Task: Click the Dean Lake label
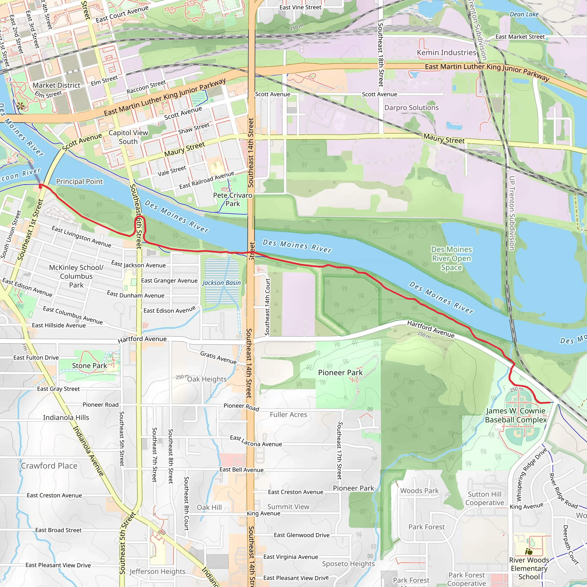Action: click(x=524, y=14)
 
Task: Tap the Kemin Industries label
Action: click(x=446, y=52)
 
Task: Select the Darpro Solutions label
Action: click(x=411, y=107)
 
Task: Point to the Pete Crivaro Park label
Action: click(x=232, y=199)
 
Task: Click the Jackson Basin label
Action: click(x=222, y=283)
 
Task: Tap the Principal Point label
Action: click(x=80, y=181)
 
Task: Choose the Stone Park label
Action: click(x=89, y=365)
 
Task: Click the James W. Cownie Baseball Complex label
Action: click(x=516, y=415)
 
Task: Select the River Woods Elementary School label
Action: click(x=529, y=568)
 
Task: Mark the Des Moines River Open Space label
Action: click(x=451, y=258)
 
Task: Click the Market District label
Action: click(x=56, y=85)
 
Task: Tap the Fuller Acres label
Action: click(x=288, y=414)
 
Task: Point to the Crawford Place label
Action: click(x=49, y=466)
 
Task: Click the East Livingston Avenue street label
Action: click(x=81, y=236)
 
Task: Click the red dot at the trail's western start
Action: click(x=40, y=187)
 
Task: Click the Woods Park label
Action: click(x=419, y=491)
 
